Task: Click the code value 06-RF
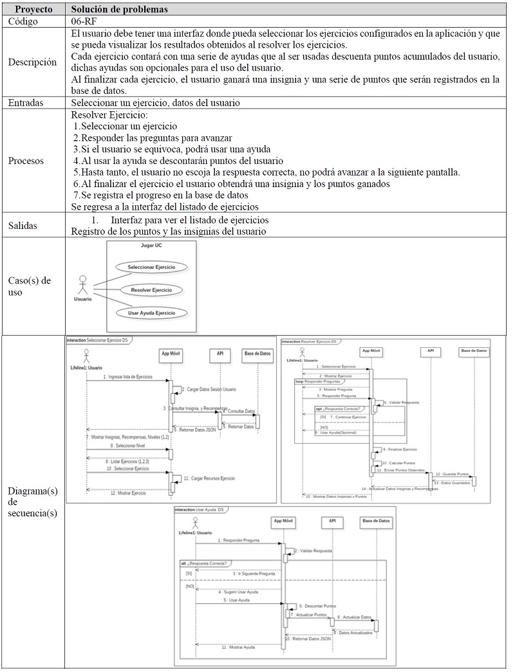point(84,21)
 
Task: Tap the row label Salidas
point(23,226)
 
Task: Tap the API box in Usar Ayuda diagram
point(332,521)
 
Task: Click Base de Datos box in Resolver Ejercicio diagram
point(474,352)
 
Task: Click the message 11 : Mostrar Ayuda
point(239,647)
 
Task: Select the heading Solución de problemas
point(119,10)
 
